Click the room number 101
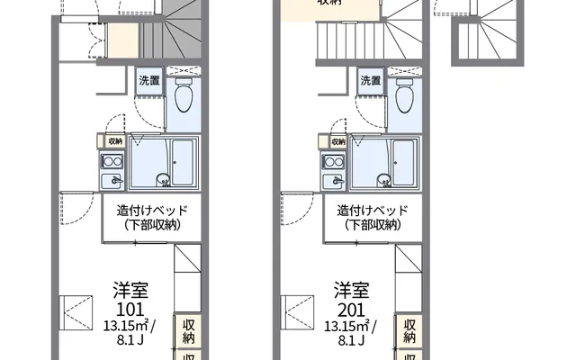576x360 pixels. (131, 309)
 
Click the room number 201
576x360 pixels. (353, 309)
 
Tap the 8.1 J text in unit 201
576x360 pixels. (353, 341)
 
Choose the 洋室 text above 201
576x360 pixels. (353, 291)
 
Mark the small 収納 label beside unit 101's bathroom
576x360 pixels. (115, 141)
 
